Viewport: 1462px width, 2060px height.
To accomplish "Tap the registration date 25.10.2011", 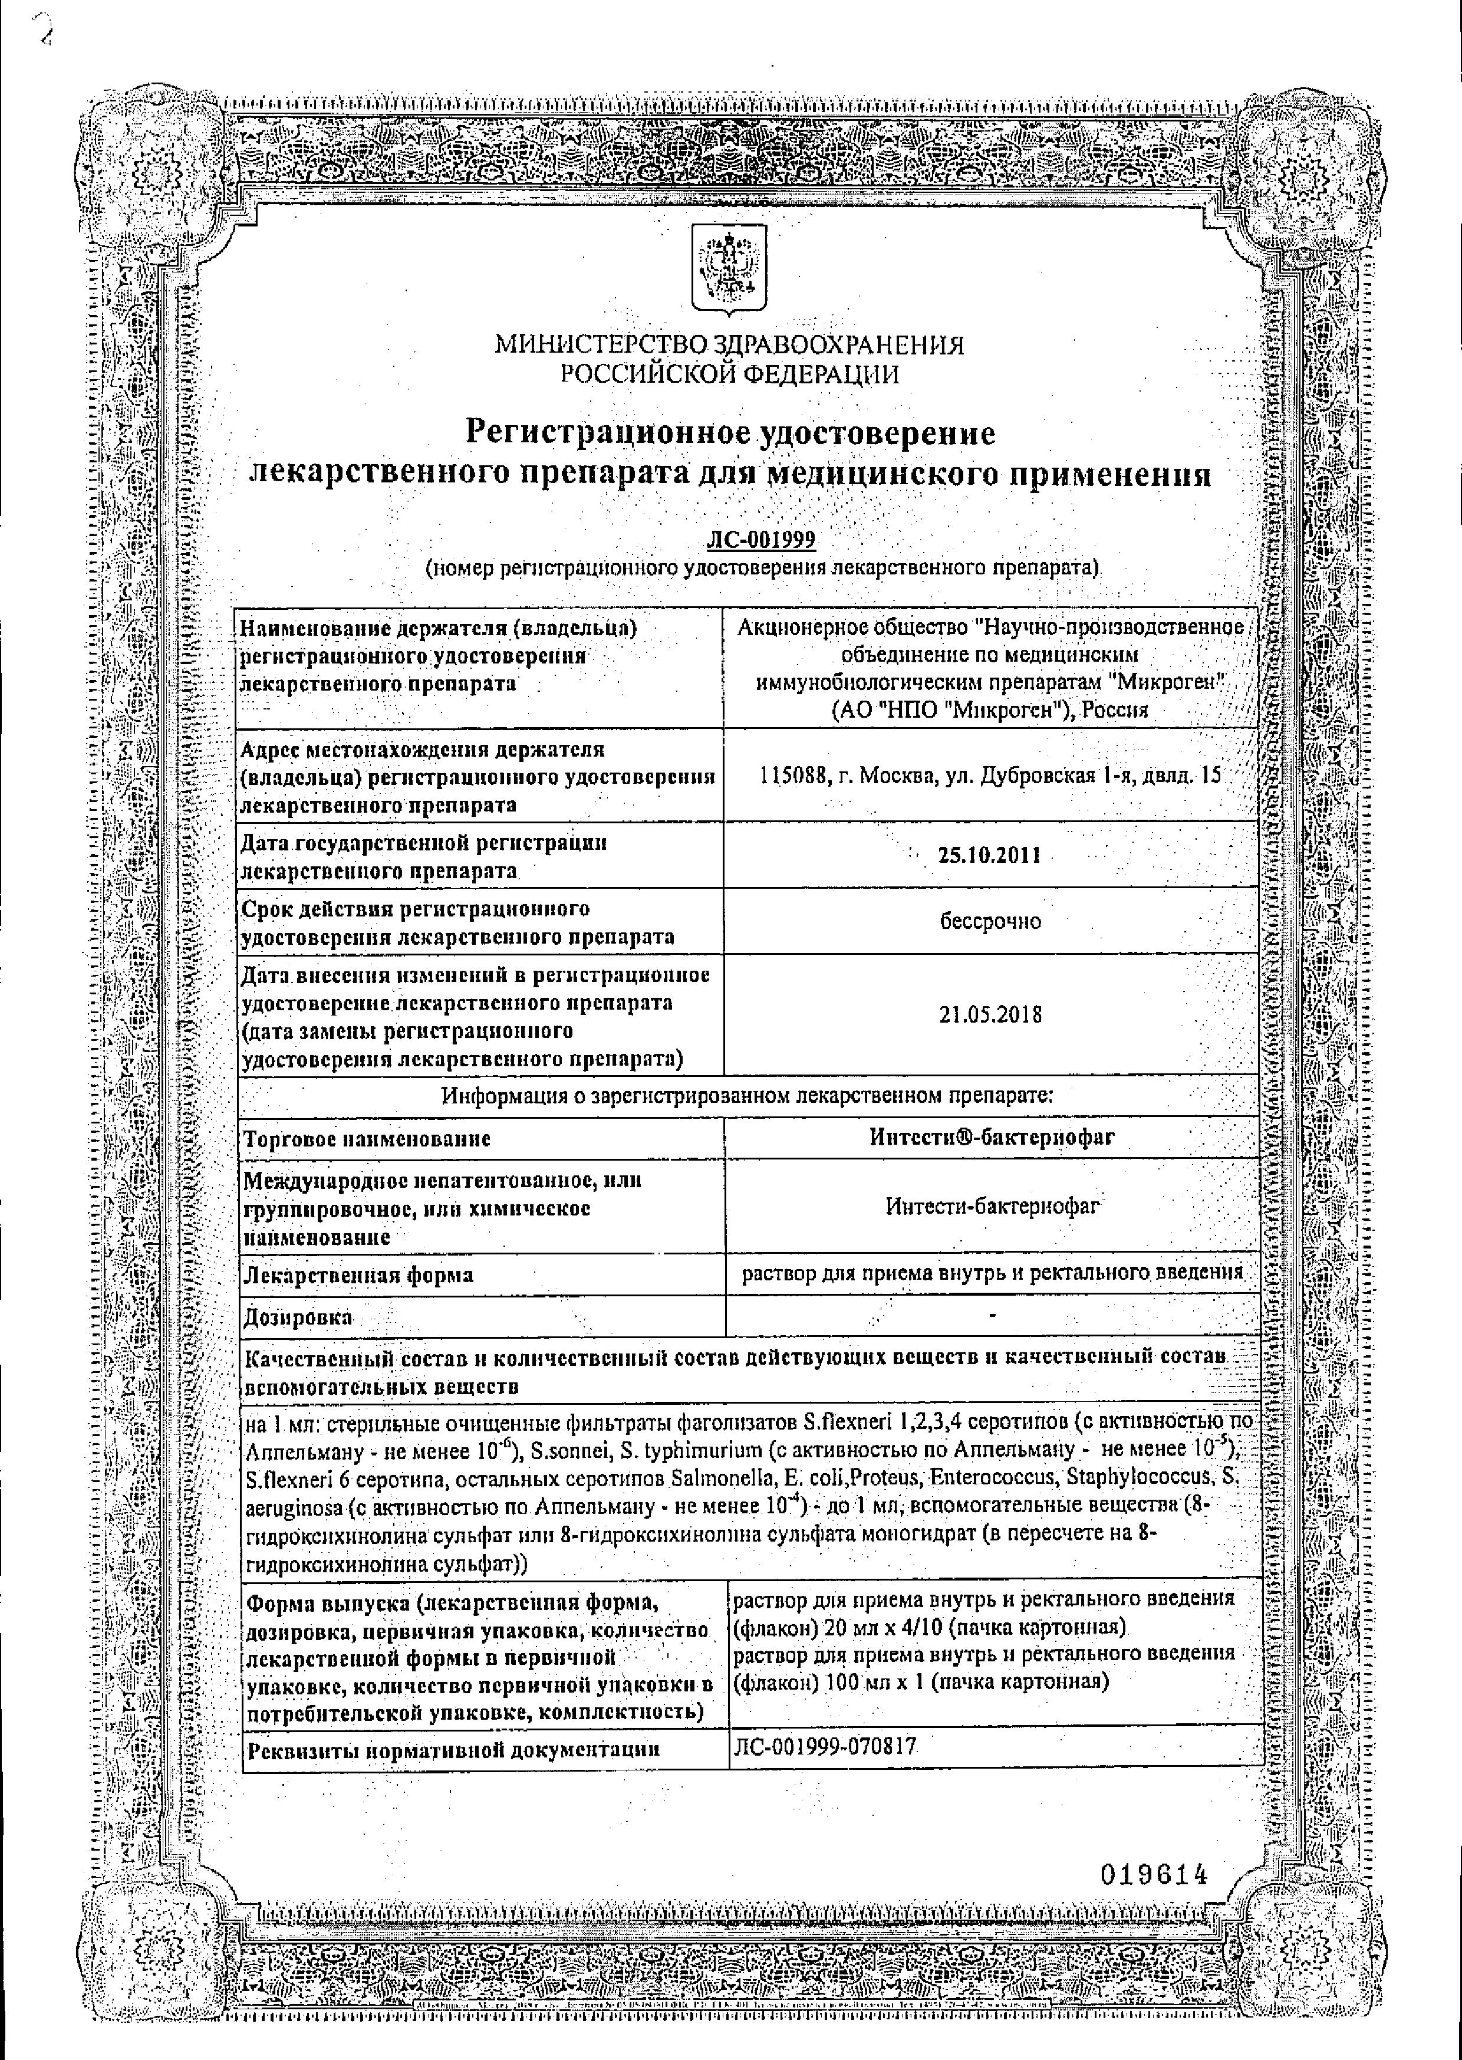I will click(x=989, y=855).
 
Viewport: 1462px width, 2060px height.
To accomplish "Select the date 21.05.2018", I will click(x=990, y=1015).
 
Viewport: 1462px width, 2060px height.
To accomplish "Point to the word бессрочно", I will click(x=990, y=921).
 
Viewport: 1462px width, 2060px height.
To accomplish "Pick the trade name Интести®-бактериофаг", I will click(x=992, y=1137).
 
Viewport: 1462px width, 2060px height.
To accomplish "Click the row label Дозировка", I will click(x=298, y=1318).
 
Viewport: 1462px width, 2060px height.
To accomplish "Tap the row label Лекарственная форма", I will click(x=358, y=1275).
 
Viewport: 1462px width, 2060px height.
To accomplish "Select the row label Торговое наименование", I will click(x=367, y=1139).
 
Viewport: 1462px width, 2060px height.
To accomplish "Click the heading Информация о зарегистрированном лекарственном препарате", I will click(x=747, y=1096).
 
